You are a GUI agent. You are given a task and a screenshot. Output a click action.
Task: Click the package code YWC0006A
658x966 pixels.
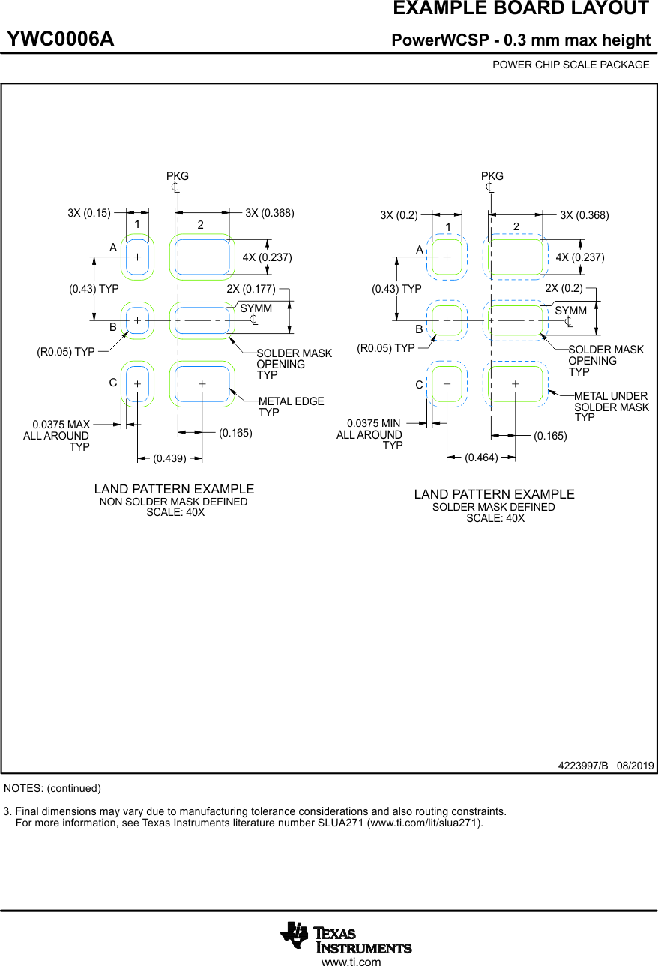[61, 40]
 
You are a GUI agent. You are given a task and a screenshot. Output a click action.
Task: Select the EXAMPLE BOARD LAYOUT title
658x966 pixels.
[521, 9]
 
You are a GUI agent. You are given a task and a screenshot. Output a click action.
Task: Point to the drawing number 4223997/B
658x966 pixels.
[583, 766]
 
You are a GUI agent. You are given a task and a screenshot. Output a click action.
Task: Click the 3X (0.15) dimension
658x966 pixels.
[88, 213]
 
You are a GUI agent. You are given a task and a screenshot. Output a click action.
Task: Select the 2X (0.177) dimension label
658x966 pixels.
[251, 289]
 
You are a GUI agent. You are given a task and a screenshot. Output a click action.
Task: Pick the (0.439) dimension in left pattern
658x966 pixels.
[169, 457]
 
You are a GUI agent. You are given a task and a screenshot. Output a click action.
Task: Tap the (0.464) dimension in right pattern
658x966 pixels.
[481, 457]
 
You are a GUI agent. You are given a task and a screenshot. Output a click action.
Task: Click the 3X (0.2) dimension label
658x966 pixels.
[399, 215]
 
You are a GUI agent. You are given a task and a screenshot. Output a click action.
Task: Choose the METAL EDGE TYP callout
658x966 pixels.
[291, 406]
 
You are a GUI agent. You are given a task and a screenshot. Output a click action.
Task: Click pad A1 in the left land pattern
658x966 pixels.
[138, 256]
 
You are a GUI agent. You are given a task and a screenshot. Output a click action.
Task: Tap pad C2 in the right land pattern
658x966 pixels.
[515, 383]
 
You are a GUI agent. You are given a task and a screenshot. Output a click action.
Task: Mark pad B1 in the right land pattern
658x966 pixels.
[447, 319]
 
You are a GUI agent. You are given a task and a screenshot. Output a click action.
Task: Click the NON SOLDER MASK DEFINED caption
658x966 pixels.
[173, 502]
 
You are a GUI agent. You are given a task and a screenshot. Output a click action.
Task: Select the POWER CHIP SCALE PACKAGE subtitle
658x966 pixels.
[570, 64]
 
